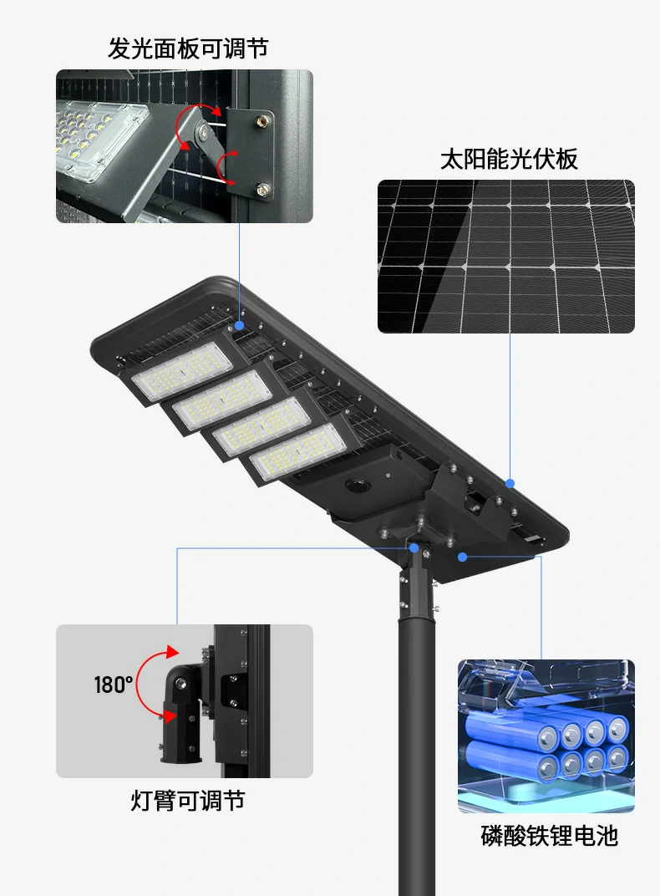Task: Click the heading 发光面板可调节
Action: pyautogui.click(x=188, y=48)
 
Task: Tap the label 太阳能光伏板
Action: pyautogui.click(x=510, y=159)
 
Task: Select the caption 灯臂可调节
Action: pyautogui.click(x=188, y=800)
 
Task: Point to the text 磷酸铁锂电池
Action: pyautogui.click(x=549, y=836)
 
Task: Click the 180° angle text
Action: pyautogui.click(x=113, y=684)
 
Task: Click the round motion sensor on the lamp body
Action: pyautogui.click(x=358, y=486)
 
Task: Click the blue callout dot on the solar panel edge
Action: pyautogui.click(x=510, y=483)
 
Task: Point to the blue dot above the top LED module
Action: pyautogui.click(x=239, y=326)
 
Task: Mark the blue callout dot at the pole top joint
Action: pyautogui.click(x=414, y=548)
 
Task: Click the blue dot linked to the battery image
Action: pyautogui.click(x=463, y=556)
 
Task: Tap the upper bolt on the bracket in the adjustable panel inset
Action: pyautogui.click(x=262, y=120)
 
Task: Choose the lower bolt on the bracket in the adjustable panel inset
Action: pyautogui.click(x=262, y=189)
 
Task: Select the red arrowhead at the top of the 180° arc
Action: pyautogui.click(x=172, y=652)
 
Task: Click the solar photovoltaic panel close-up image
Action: pyautogui.click(x=505, y=257)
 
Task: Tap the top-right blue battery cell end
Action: pyautogui.click(x=617, y=729)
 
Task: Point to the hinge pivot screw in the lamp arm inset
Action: pyautogui.click(x=181, y=682)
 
